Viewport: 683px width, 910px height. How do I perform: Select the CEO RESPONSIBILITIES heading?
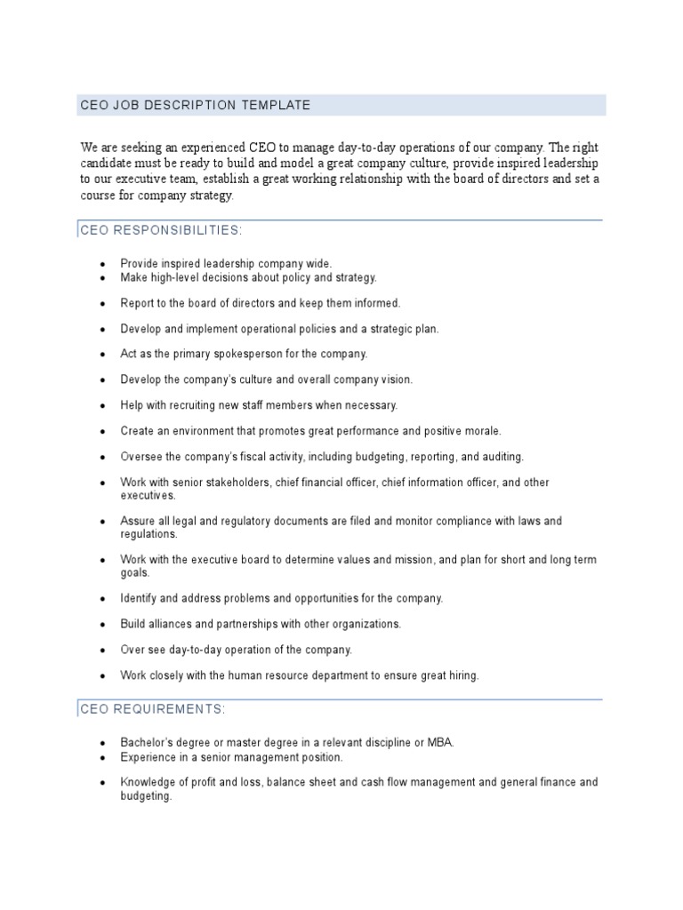point(161,231)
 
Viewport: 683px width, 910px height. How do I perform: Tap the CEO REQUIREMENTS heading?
point(153,709)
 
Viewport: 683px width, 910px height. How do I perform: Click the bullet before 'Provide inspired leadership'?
point(102,265)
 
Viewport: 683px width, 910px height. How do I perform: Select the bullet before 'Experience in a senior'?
point(102,758)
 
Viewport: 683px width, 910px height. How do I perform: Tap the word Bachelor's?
point(147,743)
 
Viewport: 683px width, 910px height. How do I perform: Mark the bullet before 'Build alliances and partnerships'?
point(102,625)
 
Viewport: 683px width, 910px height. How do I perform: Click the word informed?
point(379,303)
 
